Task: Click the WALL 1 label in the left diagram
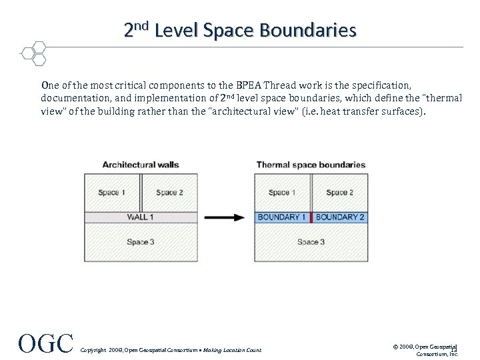click(x=140, y=217)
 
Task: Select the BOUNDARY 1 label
click(x=282, y=217)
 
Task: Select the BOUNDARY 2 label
click(x=340, y=217)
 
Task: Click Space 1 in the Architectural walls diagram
click(x=112, y=193)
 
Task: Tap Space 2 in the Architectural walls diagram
click(x=170, y=193)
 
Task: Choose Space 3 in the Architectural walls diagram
click(x=141, y=242)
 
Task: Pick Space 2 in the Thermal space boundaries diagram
click(x=340, y=193)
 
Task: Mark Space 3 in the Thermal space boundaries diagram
click(x=311, y=242)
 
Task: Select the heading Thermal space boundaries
click(x=311, y=165)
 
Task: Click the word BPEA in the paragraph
click(x=249, y=85)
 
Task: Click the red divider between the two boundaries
click(x=311, y=217)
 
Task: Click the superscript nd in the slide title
click(x=143, y=26)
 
